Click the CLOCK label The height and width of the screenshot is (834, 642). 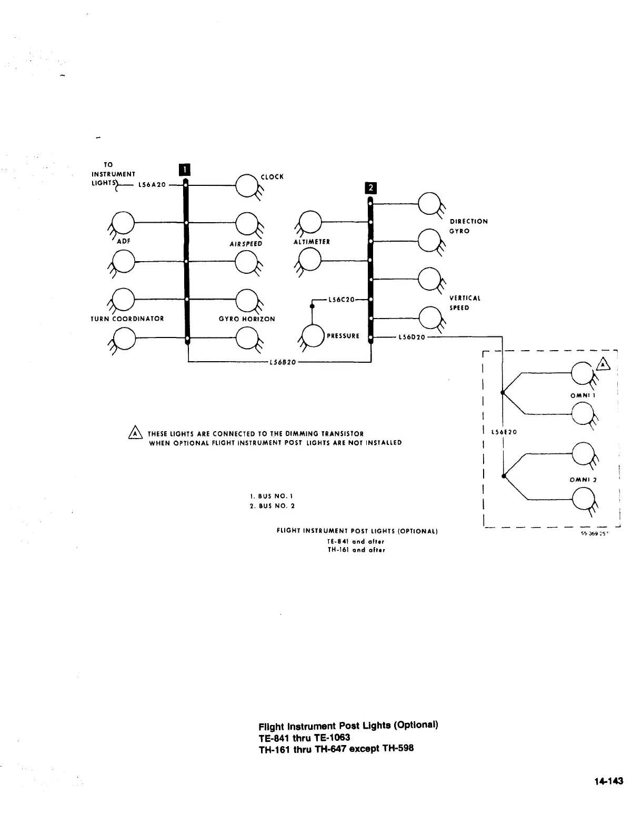(x=272, y=177)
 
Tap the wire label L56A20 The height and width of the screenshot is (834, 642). (x=152, y=185)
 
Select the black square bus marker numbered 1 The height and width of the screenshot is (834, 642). (x=185, y=169)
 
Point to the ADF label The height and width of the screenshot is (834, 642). (x=124, y=241)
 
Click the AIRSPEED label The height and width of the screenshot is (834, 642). (x=245, y=244)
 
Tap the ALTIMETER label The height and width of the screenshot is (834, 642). (x=312, y=242)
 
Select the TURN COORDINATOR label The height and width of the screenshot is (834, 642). (x=127, y=319)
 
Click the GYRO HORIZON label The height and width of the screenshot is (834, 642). (x=247, y=319)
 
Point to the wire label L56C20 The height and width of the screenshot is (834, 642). (x=340, y=300)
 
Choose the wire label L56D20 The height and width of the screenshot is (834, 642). (x=412, y=337)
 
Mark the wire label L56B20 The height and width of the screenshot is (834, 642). (x=283, y=362)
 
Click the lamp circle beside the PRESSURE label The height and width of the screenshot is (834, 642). (x=313, y=335)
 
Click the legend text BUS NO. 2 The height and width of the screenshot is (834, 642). (x=273, y=506)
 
